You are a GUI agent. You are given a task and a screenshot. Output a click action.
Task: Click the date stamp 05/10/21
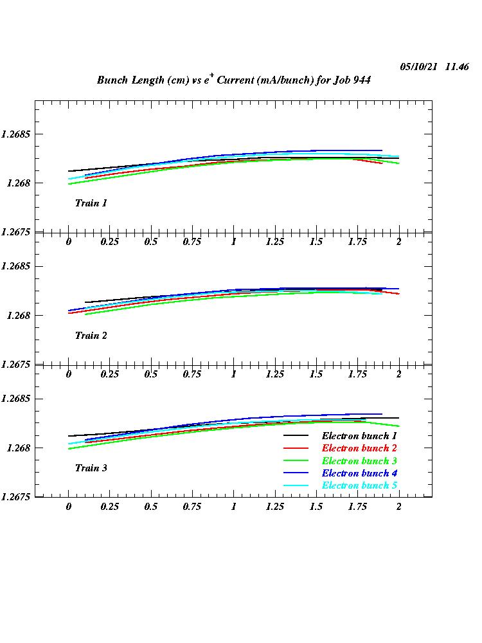coord(418,67)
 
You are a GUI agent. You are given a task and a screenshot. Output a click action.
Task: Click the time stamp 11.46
coord(456,67)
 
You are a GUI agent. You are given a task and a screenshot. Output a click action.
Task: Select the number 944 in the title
coord(361,80)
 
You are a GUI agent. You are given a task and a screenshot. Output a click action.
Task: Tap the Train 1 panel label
coord(91,203)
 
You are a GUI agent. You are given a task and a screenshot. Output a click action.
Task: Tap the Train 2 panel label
coord(91,336)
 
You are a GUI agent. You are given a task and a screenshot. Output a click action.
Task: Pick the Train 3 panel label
coord(91,468)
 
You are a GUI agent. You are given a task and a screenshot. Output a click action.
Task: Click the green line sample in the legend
coord(298,460)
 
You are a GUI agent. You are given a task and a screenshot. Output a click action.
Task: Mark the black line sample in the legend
coord(298,436)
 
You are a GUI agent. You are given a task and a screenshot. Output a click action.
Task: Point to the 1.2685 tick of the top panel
coord(16,134)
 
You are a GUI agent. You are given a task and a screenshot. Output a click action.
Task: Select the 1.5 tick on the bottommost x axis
coord(316,507)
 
